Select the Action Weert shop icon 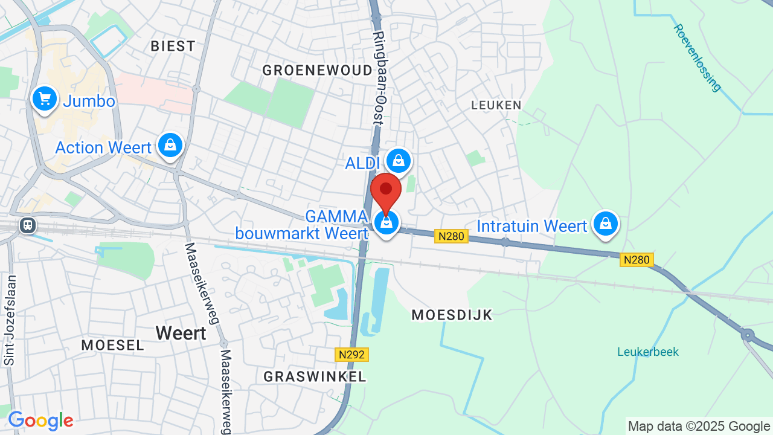[170, 146]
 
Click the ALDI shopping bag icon [398, 161]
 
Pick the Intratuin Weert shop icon [606, 225]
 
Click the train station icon [27, 226]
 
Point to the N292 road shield [351, 355]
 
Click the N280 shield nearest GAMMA [451, 236]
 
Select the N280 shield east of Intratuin [637, 260]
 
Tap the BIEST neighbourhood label [173, 46]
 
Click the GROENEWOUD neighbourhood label [318, 71]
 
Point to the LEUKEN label [496, 105]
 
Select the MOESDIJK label [452, 315]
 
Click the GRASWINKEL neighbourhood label [315, 376]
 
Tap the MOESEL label [113, 345]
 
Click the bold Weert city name [181, 333]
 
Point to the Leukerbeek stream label [648, 352]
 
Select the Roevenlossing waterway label [698, 57]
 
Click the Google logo [40, 420]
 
